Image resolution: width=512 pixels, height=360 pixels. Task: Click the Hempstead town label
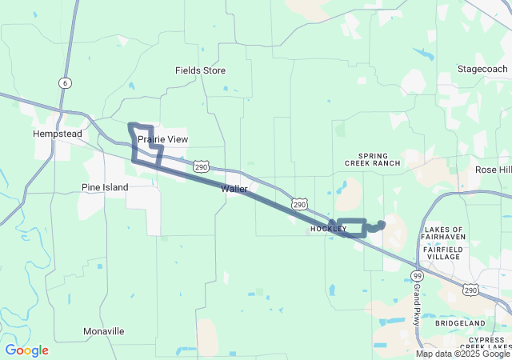coord(58,134)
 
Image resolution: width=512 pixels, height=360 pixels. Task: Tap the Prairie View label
coord(162,139)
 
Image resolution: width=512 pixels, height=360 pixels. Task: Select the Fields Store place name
coord(200,70)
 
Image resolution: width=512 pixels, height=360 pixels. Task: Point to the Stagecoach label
coord(482,70)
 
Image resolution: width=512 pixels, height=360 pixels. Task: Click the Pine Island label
coord(105,187)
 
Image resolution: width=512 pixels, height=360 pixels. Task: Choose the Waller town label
coord(234,189)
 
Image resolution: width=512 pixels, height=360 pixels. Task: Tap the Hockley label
coord(328,229)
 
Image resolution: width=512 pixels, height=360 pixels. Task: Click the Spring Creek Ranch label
coord(372,159)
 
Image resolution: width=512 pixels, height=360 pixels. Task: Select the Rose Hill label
coord(493,170)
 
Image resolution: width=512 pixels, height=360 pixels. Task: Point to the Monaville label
coord(104,331)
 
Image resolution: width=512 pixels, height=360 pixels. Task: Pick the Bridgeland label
coord(460,322)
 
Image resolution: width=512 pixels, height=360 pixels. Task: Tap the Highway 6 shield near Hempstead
coord(63,83)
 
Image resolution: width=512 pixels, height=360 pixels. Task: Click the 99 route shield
coord(417,276)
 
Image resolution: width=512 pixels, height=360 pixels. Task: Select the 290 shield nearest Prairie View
coord(201,166)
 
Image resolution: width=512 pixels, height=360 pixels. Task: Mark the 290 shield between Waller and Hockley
coord(299,205)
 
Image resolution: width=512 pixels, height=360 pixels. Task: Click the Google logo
coord(26,350)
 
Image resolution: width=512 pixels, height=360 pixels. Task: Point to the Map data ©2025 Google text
coord(462,354)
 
